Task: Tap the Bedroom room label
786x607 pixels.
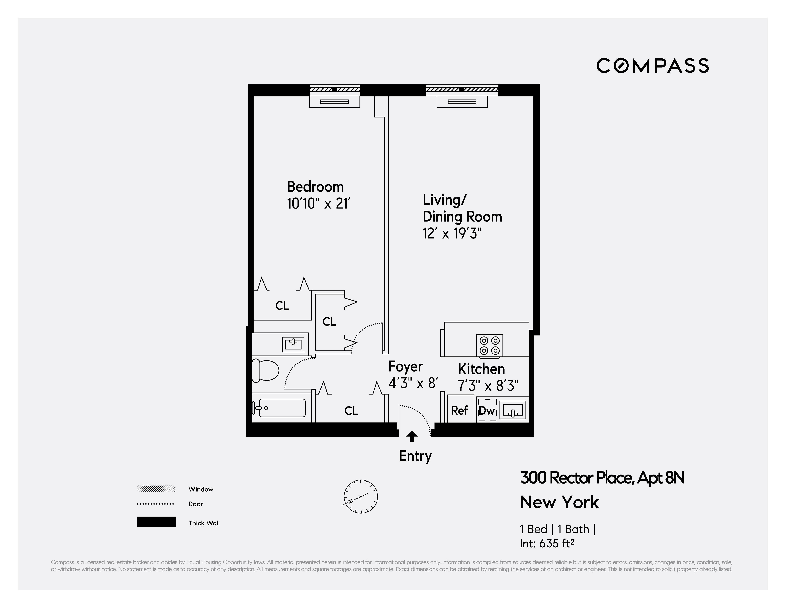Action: point(315,187)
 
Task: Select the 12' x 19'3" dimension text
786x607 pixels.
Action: point(452,234)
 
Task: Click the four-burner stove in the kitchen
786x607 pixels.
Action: point(489,346)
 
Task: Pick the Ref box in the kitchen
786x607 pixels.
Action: point(460,410)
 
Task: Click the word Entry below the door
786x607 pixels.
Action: point(415,456)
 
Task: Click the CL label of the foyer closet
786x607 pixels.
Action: point(351,411)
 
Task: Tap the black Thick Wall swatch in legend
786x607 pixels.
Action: point(156,522)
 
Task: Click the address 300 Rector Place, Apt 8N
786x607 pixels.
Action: point(602,478)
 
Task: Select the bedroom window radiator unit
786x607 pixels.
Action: point(335,102)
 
